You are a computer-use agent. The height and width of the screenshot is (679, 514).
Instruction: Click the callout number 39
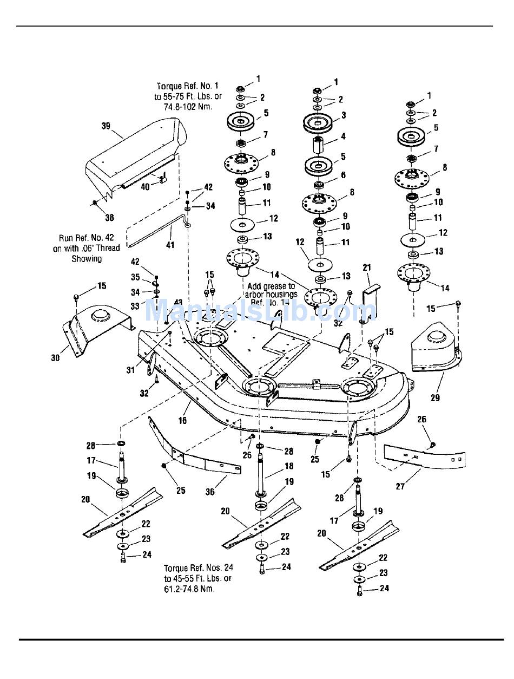(106, 126)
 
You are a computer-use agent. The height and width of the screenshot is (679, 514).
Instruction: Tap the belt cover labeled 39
(141, 152)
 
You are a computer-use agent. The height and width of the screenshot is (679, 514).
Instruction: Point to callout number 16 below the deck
(183, 420)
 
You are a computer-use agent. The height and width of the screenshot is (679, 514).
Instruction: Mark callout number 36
(210, 491)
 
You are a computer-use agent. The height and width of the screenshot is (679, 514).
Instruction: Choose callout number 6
(343, 175)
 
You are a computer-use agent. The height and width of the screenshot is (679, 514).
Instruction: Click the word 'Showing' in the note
(87, 258)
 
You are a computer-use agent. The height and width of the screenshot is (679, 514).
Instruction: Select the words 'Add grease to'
(271, 286)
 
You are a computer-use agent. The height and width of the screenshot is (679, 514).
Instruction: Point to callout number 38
(110, 218)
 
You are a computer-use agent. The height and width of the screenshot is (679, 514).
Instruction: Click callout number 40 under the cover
(145, 187)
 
